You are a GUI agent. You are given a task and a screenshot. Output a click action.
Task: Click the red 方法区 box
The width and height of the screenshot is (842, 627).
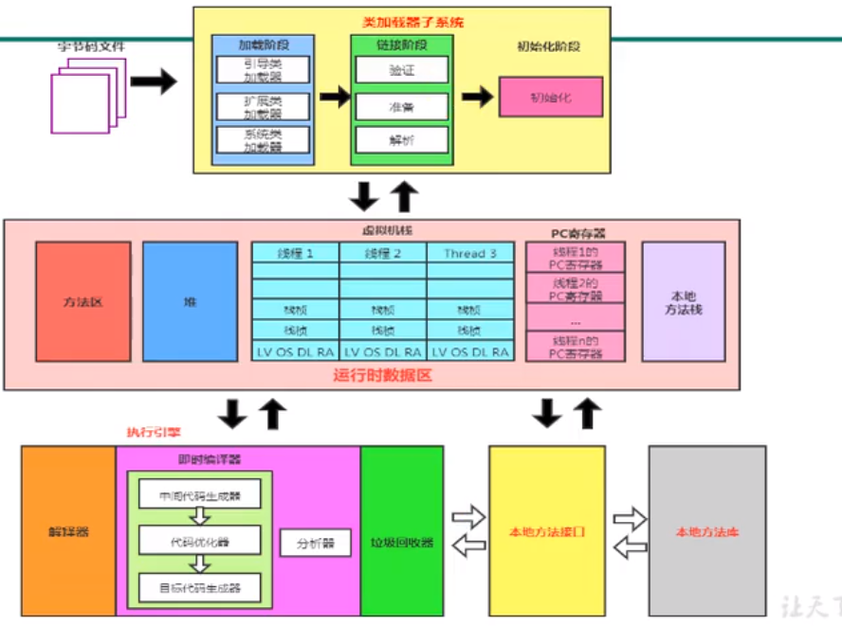tap(83, 301)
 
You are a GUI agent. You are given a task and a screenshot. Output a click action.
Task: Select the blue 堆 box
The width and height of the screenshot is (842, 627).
tap(190, 301)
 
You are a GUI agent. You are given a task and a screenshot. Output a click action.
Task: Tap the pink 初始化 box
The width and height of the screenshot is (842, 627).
tap(551, 97)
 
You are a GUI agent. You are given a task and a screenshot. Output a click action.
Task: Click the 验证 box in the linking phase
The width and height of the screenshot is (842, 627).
tap(401, 69)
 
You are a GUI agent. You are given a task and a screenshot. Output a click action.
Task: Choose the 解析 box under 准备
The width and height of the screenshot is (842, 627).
tap(401, 140)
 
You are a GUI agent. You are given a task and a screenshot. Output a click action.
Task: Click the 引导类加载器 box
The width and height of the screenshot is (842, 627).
tap(263, 69)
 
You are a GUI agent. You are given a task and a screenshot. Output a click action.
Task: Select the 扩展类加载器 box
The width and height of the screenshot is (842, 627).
tap(263, 105)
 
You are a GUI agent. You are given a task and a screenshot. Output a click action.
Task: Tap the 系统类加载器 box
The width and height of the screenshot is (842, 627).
tap(263, 140)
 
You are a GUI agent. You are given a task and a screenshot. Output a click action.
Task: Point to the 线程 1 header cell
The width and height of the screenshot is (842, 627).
tap(295, 253)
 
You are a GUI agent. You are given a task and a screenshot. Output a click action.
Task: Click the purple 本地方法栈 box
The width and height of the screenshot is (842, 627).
tap(683, 301)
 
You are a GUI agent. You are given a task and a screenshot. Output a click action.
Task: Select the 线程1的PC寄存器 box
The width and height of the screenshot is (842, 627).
tap(576, 257)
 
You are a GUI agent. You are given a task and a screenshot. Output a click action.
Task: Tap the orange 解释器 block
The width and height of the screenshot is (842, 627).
tap(68, 531)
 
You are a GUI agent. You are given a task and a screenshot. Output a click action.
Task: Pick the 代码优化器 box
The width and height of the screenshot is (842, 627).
tap(200, 542)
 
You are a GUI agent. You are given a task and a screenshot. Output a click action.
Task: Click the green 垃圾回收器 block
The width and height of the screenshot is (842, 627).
tap(401, 531)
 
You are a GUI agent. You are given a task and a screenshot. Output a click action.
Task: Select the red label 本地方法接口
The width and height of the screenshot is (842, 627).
tap(547, 532)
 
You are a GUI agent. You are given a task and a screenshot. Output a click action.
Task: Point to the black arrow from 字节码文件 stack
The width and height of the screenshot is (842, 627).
tap(153, 81)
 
